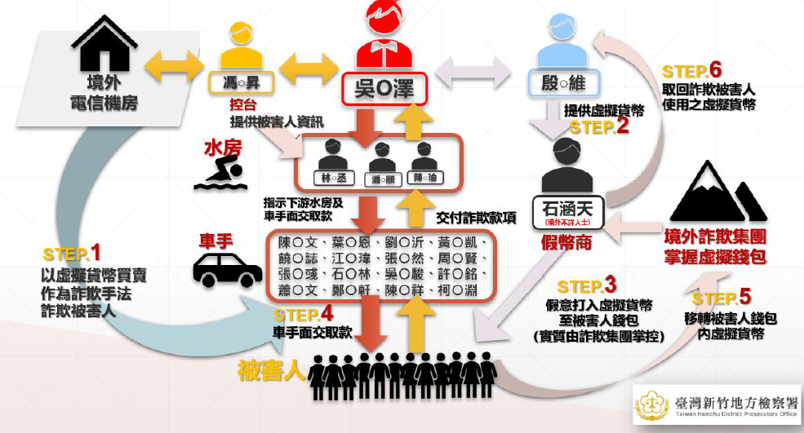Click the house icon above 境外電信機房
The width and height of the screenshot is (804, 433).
click(104, 44)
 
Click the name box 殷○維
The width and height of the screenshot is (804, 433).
click(565, 83)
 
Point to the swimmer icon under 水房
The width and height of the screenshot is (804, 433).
click(220, 173)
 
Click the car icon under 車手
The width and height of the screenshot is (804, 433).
click(227, 270)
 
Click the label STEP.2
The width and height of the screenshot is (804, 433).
click(599, 126)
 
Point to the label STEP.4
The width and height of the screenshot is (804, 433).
click(304, 314)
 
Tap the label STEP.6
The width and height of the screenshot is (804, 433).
click(692, 70)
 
